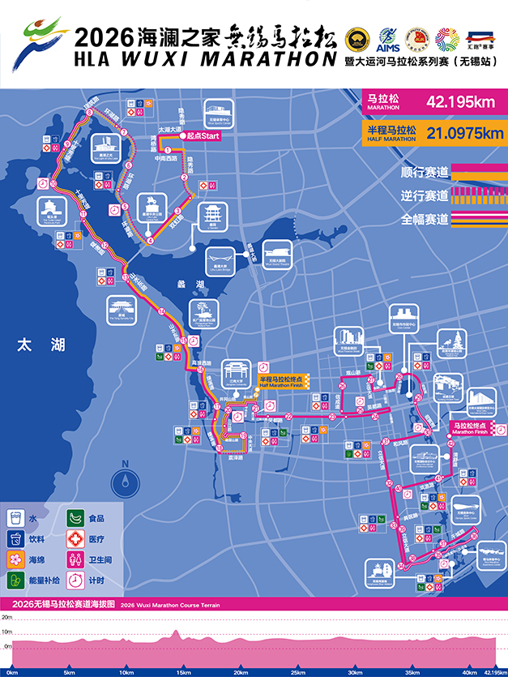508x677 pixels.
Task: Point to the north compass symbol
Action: click(124, 480)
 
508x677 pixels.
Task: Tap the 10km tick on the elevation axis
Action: click(126, 673)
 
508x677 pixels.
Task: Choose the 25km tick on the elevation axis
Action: click(297, 673)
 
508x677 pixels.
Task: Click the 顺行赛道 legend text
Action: click(425, 172)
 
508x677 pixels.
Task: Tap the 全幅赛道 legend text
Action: click(425, 219)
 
